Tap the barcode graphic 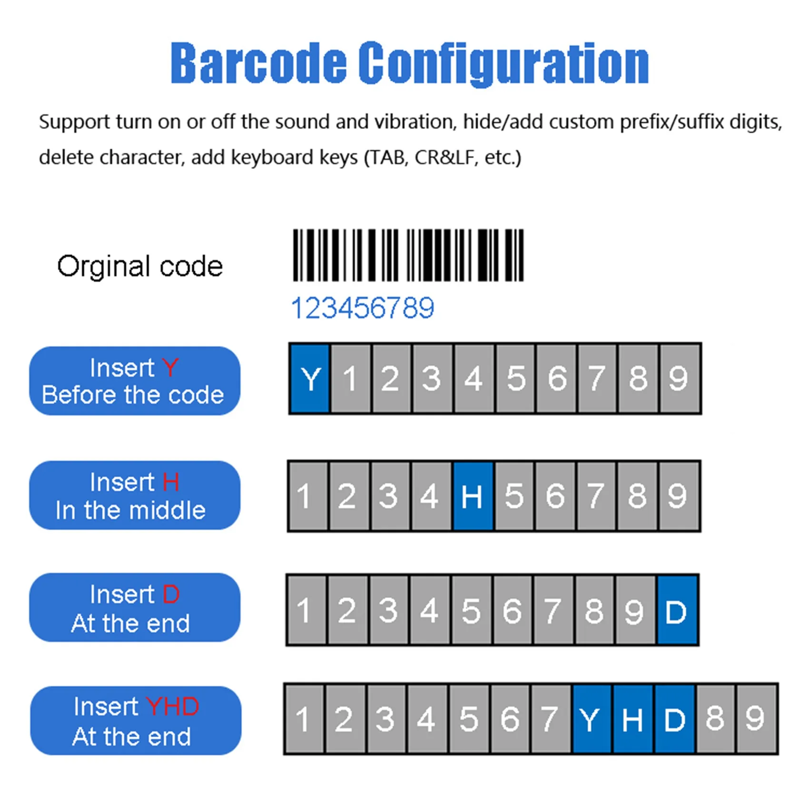(408, 255)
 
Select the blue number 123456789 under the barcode (363, 308)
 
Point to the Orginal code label (140, 266)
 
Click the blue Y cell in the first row (310, 379)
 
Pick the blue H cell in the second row (472, 496)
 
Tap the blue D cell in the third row (676, 611)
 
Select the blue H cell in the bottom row (632, 719)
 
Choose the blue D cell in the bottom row (674, 719)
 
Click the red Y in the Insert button (170, 368)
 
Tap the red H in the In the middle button (171, 482)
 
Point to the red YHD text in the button (172, 707)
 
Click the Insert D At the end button (135, 608)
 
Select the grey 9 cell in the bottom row (756, 719)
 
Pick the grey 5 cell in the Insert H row (514, 496)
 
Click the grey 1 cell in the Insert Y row (351, 379)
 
